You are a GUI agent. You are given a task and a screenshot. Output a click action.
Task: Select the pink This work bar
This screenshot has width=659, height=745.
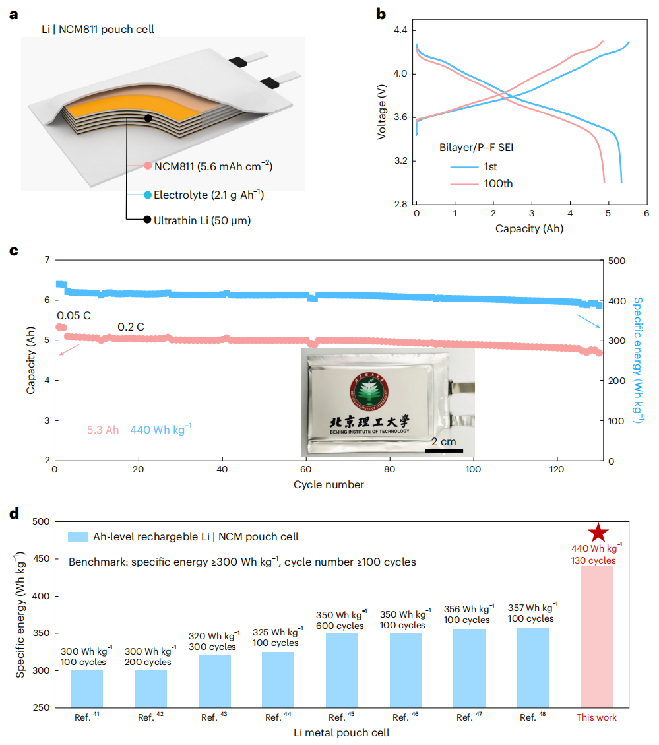[597, 636]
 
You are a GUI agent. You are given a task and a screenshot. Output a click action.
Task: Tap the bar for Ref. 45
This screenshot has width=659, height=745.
[342, 670]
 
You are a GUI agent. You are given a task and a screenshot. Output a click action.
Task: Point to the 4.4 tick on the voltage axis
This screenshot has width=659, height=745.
[400, 31]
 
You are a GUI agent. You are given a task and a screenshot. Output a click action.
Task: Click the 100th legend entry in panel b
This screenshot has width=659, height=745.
[484, 183]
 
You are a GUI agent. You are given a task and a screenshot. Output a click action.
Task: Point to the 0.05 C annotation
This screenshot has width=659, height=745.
[74, 315]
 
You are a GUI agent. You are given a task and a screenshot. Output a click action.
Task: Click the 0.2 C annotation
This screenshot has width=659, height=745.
[131, 327]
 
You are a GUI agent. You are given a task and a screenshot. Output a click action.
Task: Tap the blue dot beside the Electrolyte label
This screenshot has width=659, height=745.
[148, 195]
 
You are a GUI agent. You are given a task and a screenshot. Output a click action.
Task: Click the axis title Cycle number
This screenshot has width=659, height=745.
[329, 485]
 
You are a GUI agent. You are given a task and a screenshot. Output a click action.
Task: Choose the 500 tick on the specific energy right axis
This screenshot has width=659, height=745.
[617, 261]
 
